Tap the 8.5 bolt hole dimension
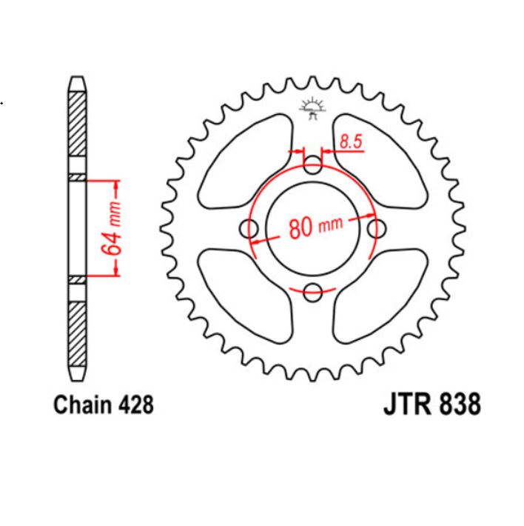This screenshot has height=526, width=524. pos(352,142)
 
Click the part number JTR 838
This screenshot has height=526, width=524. pos(431,405)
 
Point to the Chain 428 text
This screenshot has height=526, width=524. pos(103,405)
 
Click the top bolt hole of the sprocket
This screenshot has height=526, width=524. pos(314,164)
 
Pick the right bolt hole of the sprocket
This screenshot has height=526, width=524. pos(377,227)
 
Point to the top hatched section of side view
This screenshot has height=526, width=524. pos(77,121)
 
